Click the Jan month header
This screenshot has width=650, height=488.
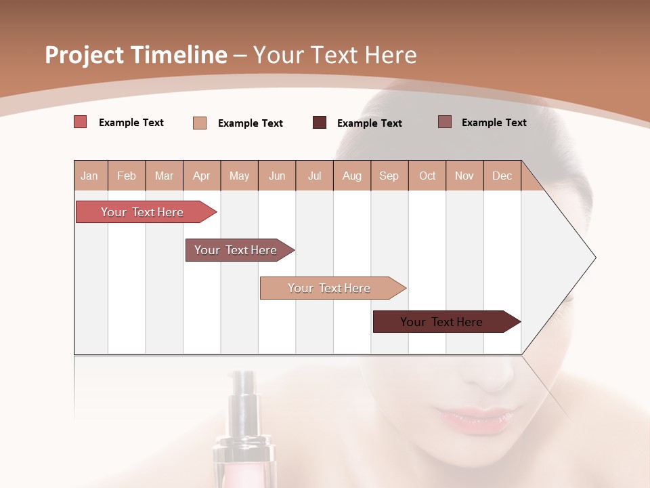[x=89, y=176]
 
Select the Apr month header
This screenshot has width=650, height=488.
[x=201, y=176]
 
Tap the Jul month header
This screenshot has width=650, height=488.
[x=314, y=176]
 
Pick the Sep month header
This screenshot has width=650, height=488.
[x=389, y=176]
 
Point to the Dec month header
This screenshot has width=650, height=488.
[x=502, y=176]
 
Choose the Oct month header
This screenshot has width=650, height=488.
[x=427, y=176]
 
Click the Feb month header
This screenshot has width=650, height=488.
[x=127, y=176]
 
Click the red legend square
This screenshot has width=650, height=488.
[x=81, y=122]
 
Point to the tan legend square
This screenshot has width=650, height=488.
[x=200, y=123]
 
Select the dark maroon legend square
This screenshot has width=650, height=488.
[x=320, y=123]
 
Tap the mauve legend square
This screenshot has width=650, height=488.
[x=445, y=122]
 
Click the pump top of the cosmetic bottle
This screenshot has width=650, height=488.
[x=244, y=393]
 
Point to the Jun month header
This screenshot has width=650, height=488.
[x=277, y=176]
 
